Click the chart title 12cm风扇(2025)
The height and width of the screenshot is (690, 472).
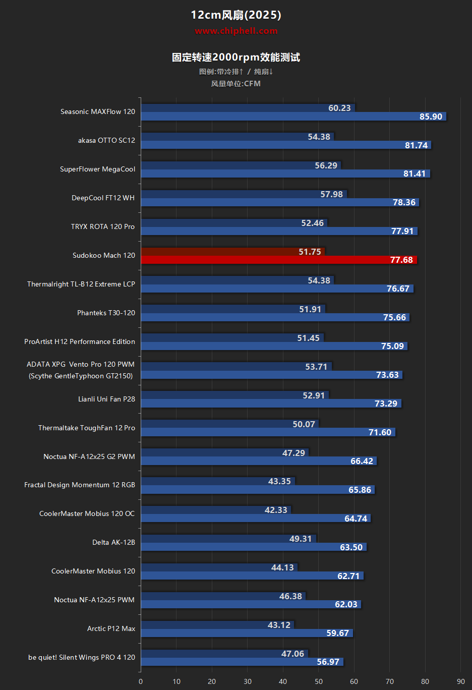pyautogui.click(x=236, y=15)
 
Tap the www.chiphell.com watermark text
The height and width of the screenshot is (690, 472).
pyautogui.click(x=236, y=31)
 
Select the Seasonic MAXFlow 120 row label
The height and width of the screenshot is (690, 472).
pyautogui.click(x=98, y=112)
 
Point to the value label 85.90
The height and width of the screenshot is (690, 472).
pyautogui.click(x=431, y=117)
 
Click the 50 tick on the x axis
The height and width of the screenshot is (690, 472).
pyautogui.click(x=319, y=681)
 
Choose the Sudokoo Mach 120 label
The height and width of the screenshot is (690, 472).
pyautogui.click(x=104, y=256)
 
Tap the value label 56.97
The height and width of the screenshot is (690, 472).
pyautogui.click(x=328, y=662)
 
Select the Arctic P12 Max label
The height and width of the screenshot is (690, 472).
pyautogui.click(x=111, y=629)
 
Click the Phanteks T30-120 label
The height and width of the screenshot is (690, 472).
pyautogui.click(x=106, y=313)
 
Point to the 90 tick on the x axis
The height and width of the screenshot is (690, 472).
pyautogui.click(x=461, y=681)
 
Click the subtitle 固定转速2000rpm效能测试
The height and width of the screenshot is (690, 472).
pyautogui.click(x=236, y=57)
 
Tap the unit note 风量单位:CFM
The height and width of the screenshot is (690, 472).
pyautogui.click(x=236, y=84)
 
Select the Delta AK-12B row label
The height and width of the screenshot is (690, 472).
pyautogui.click(x=113, y=543)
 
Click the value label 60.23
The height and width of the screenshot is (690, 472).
pyautogui.click(x=339, y=108)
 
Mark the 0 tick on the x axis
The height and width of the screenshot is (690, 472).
pyautogui.click(x=141, y=681)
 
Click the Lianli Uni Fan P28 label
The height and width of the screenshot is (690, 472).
pyautogui.click(x=106, y=399)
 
